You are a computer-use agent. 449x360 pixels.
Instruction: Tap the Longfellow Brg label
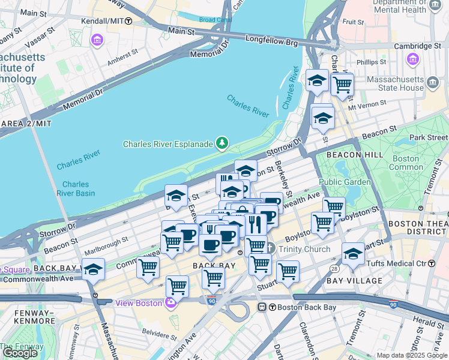(272, 42)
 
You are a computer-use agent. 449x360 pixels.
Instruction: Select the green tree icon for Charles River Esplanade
(223, 143)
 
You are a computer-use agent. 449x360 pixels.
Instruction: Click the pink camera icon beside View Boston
(171, 302)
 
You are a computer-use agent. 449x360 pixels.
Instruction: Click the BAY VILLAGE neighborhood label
(355, 280)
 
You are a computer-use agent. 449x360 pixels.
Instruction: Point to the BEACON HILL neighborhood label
(351, 155)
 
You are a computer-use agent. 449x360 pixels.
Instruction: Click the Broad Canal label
(215, 20)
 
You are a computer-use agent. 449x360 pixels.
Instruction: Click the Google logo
(20, 352)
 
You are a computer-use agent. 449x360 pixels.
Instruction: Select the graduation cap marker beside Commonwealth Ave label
(93, 269)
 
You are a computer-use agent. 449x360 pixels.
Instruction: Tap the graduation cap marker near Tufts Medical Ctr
(353, 253)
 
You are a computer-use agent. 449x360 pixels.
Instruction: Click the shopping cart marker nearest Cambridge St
(342, 84)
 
